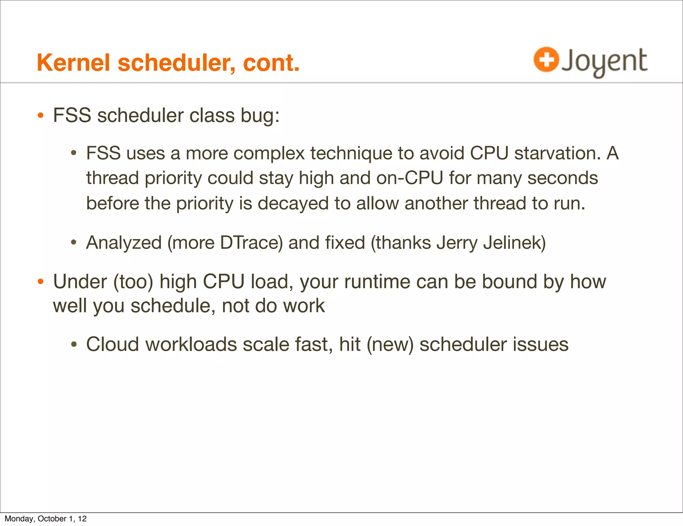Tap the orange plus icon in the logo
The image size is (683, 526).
[546, 60]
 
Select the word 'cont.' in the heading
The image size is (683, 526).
[271, 63]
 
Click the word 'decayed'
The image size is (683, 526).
[293, 204]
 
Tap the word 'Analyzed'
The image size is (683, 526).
[124, 243]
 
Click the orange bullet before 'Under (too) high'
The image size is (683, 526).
[41, 281]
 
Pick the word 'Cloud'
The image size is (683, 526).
[112, 344]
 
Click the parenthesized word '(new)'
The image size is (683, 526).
[390, 344]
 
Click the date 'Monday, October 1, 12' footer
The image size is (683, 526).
[46, 519]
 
